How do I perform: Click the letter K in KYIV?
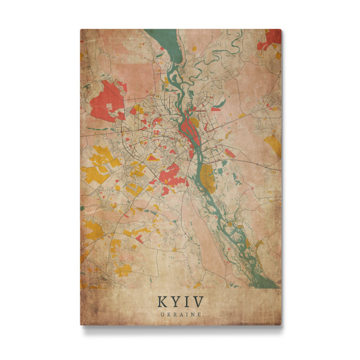pyautogui.click(x=163, y=301)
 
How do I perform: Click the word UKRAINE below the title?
pyautogui.click(x=181, y=314)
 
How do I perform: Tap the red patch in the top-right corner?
pyautogui.click(x=271, y=38)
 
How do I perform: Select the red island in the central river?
pyautogui.click(x=191, y=127)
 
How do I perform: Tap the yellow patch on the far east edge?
pyautogui.click(x=273, y=145)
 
